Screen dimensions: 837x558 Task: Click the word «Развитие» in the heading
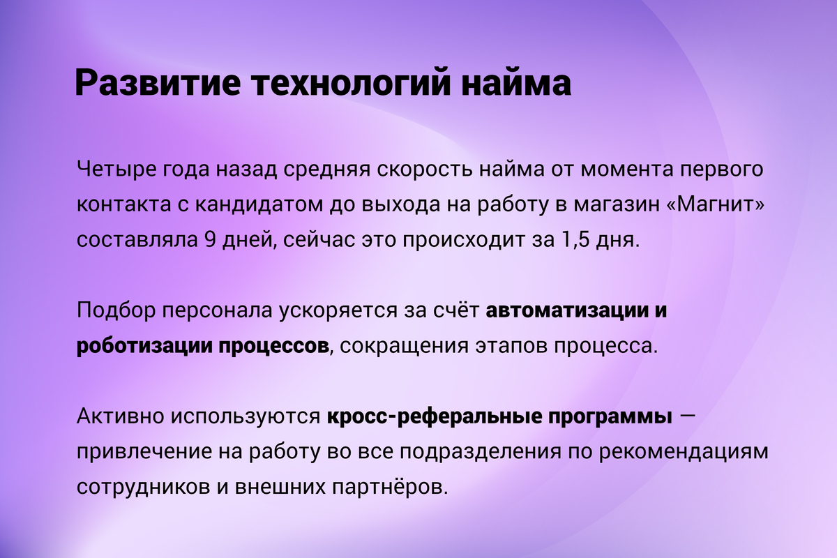[158, 82]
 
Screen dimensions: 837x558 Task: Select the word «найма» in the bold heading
[516, 82]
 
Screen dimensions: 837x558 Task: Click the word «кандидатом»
[259, 205]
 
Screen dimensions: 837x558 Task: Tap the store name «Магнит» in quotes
[715, 204]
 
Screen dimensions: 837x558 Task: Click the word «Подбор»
[116, 310]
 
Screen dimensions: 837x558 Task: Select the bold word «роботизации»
[144, 347]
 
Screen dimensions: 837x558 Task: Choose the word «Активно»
[120, 416]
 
